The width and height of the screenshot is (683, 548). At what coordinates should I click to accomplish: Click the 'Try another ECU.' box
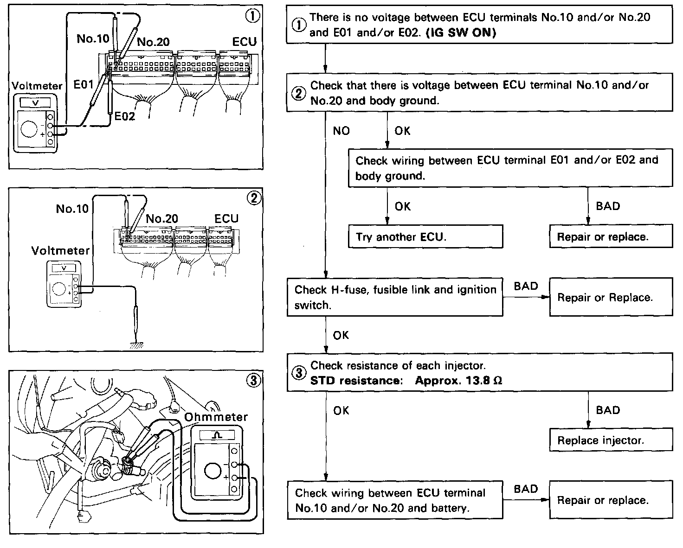point(425,237)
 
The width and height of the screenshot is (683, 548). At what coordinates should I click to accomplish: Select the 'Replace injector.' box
point(611,440)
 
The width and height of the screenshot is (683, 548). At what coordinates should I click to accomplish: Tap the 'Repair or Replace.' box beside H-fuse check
point(611,297)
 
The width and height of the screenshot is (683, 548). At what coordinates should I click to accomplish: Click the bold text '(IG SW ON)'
point(460,33)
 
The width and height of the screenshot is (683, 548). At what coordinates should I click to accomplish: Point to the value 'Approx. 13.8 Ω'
point(458,381)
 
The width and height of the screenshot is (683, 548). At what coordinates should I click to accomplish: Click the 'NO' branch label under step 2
point(341,131)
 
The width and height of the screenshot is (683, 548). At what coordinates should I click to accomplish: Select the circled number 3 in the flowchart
point(299,373)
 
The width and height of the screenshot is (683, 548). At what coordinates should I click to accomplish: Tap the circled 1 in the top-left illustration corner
point(252,16)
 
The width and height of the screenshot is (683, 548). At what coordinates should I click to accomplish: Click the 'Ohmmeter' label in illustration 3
point(216,417)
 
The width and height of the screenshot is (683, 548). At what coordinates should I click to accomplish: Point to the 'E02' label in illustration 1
point(124,116)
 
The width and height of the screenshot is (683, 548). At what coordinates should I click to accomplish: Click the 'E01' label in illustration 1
point(84,84)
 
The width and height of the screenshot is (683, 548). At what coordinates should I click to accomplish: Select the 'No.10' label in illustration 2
point(72,209)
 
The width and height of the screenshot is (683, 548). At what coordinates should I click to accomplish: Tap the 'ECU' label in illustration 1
point(244,42)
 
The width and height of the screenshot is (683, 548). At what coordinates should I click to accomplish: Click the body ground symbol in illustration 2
point(136,345)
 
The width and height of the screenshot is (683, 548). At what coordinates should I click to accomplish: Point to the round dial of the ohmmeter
point(213,471)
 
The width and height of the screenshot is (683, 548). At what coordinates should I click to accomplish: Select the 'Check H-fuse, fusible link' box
point(394,297)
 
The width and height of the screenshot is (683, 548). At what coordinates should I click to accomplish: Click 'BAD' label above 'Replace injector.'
point(608,410)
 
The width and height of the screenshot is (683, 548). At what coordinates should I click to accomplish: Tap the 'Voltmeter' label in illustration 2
point(60,251)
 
